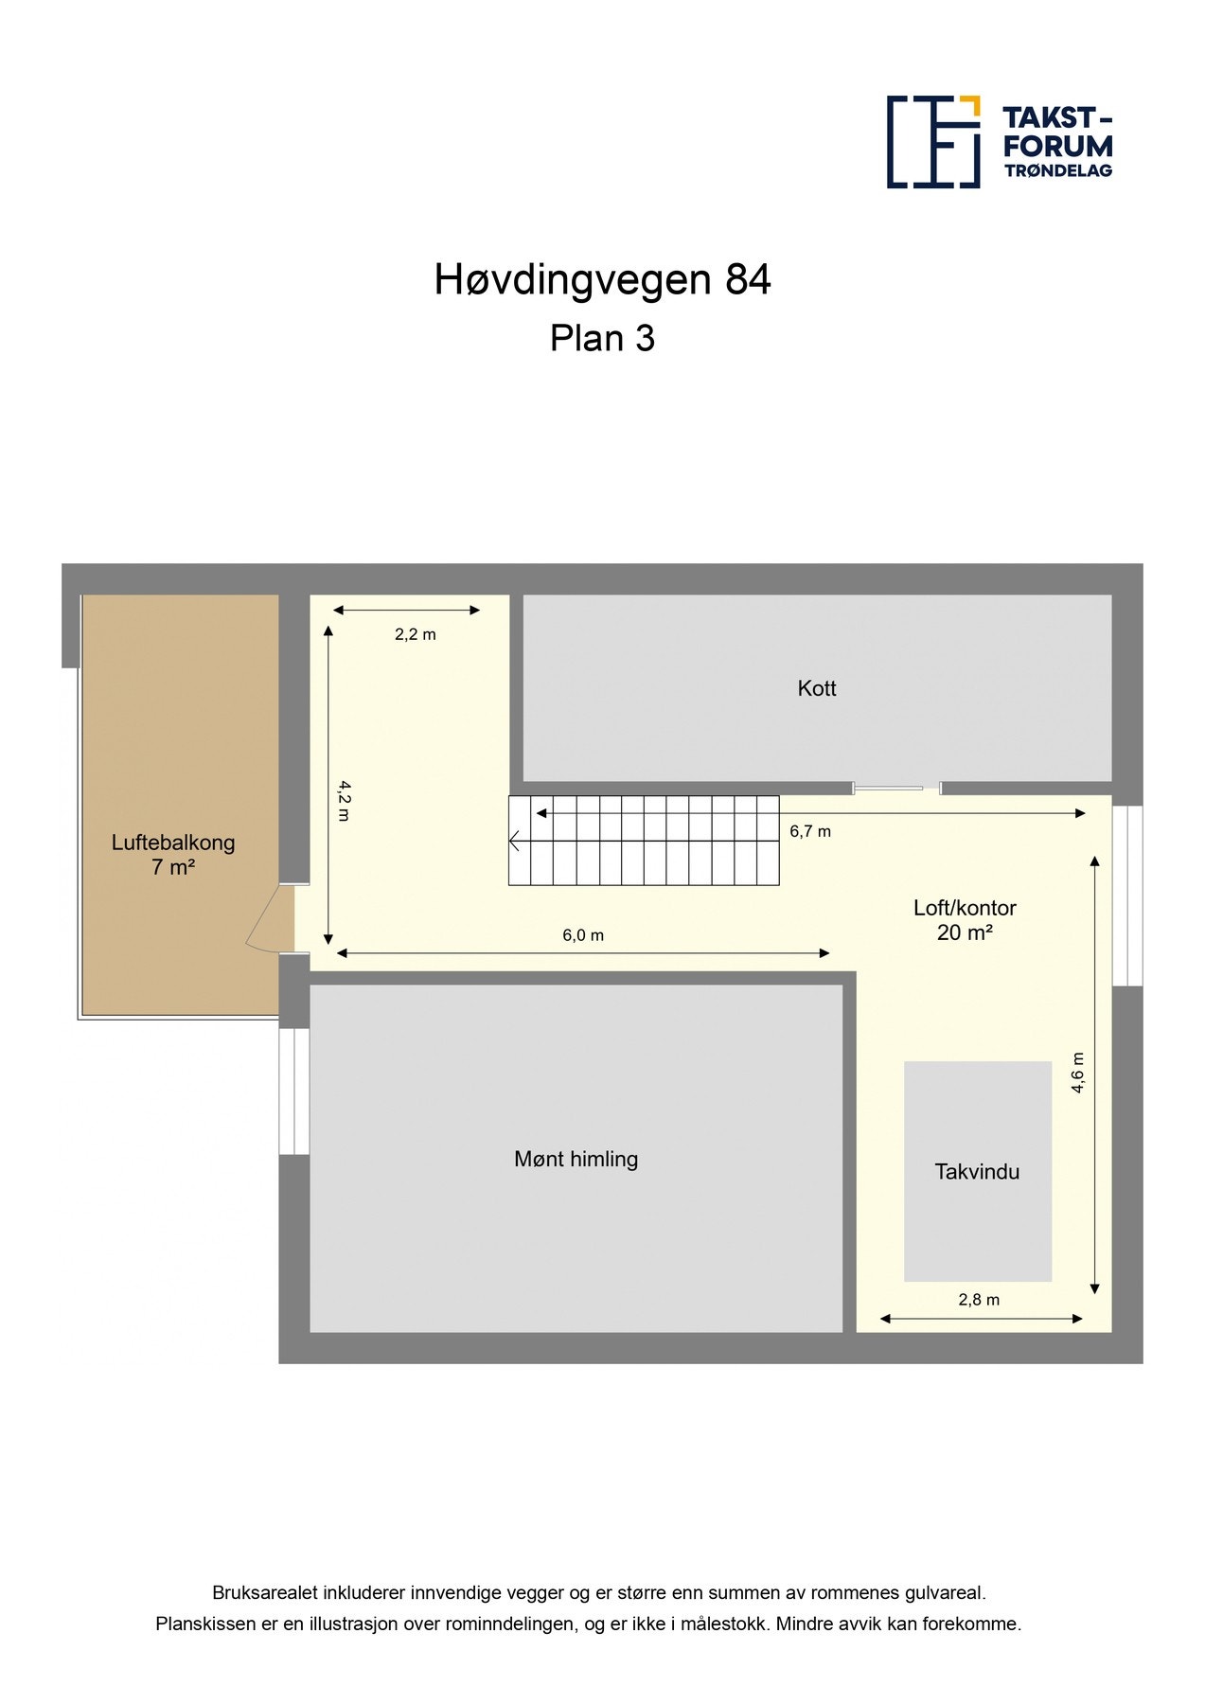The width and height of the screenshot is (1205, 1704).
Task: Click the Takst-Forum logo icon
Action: coord(932,142)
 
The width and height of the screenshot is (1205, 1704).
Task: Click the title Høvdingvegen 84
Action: coord(602,280)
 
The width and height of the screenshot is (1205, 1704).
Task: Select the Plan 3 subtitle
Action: coord(602,339)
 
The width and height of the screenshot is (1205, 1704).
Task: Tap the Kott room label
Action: coord(816,688)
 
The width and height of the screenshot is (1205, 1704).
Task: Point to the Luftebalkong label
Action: coord(173,843)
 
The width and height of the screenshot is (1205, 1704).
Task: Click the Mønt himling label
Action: coord(576,1159)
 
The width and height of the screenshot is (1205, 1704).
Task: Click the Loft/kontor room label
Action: coord(965,908)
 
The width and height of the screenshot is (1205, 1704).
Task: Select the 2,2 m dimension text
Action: coord(416,634)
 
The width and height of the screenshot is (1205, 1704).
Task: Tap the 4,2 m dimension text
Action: coord(344,801)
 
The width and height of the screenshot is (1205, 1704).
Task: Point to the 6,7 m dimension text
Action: coord(810,831)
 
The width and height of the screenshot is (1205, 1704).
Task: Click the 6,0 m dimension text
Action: coord(583,935)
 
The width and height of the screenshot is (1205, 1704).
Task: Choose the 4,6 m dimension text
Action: coord(1077,1074)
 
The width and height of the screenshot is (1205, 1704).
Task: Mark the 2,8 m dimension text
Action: coord(979,1300)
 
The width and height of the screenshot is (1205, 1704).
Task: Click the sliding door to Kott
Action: coord(895,788)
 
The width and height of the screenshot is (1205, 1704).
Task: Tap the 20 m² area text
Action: coord(965,933)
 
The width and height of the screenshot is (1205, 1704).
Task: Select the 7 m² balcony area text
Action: coord(173,867)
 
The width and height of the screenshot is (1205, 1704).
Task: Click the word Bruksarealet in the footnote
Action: coord(265,1593)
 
